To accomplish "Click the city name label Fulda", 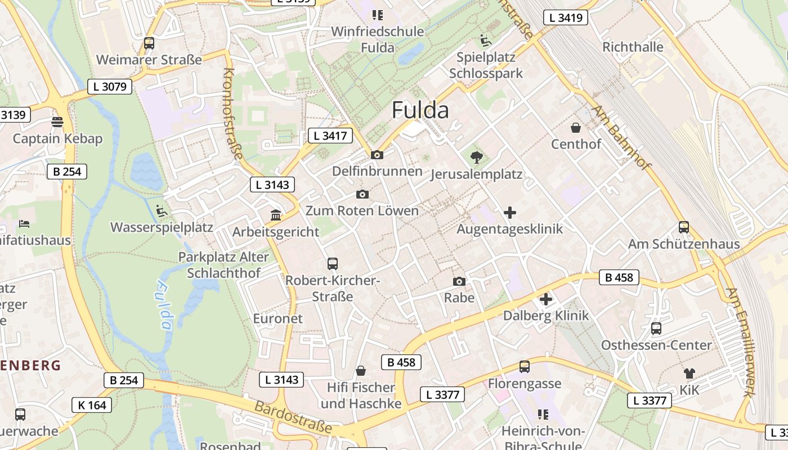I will [x=420, y=110].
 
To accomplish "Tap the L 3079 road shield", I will [x=110, y=87].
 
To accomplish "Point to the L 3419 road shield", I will [x=566, y=17].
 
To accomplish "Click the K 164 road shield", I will [x=92, y=405].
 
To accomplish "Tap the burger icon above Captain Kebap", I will [x=57, y=121].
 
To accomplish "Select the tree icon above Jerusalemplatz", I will [x=476, y=157].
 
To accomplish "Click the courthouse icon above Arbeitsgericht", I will [x=276, y=215].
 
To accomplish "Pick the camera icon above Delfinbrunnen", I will [x=377, y=155].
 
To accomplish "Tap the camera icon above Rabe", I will [x=459, y=281].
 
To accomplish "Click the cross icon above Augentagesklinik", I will [x=510, y=213].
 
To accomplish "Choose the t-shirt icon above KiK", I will [x=689, y=373].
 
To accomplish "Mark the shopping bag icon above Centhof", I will [x=576, y=128].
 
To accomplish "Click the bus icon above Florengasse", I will [x=525, y=367].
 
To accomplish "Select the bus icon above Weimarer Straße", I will [x=149, y=43].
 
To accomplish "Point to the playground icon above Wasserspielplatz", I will [x=162, y=211].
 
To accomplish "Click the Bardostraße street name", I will [x=293, y=417].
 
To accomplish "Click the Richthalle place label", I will [x=633, y=47].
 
